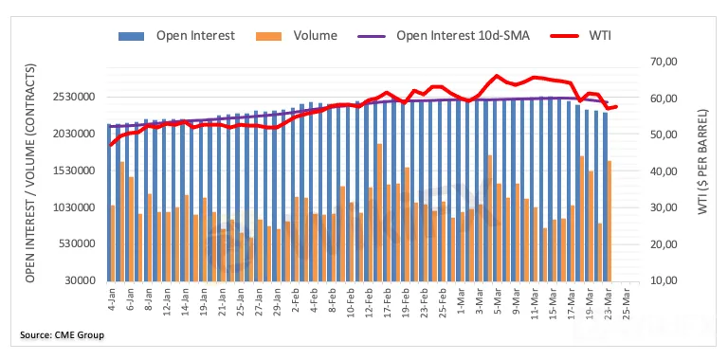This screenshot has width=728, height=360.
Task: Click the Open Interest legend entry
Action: click(x=176, y=36)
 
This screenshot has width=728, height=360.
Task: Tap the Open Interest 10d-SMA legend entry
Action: click(x=443, y=36)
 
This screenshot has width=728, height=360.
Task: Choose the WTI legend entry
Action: click(x=580, y=36)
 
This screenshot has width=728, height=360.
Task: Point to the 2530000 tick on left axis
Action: click(x=75, y=98)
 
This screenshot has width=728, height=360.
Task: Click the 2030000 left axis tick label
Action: click(x=75, y=135)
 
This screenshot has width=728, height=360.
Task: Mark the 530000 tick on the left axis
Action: click(x=79, y=244)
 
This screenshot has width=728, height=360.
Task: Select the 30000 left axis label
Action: click(x=82, y=280)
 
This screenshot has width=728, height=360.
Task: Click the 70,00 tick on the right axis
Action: click(x=655, y=62)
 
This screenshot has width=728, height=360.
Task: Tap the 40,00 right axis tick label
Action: click(x=655, y=171)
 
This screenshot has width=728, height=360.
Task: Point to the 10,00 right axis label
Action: click(x=655, y=280)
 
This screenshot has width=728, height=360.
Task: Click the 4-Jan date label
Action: click(x=112, y=299)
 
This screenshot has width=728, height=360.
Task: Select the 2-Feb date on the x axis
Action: click(x=295, y=299)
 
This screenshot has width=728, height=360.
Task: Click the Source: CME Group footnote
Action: click(x=62, y=335)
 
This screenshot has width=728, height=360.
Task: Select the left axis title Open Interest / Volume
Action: click(x=30, y=172)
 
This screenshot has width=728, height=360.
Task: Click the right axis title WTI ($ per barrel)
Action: click(x=703, y=162)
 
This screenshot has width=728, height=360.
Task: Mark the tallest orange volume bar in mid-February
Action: click(x=379, y=212)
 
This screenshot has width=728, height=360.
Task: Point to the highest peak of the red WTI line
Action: click(x=497, y=75)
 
